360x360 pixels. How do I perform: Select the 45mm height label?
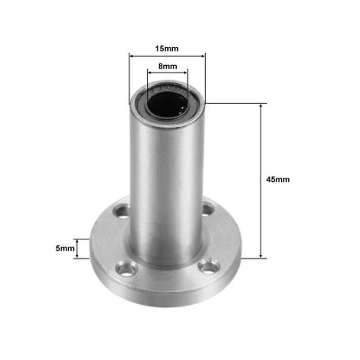pos(278,180)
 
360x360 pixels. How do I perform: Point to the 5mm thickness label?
pos(65,248)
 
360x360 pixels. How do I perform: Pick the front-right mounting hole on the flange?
pos(208,267)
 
